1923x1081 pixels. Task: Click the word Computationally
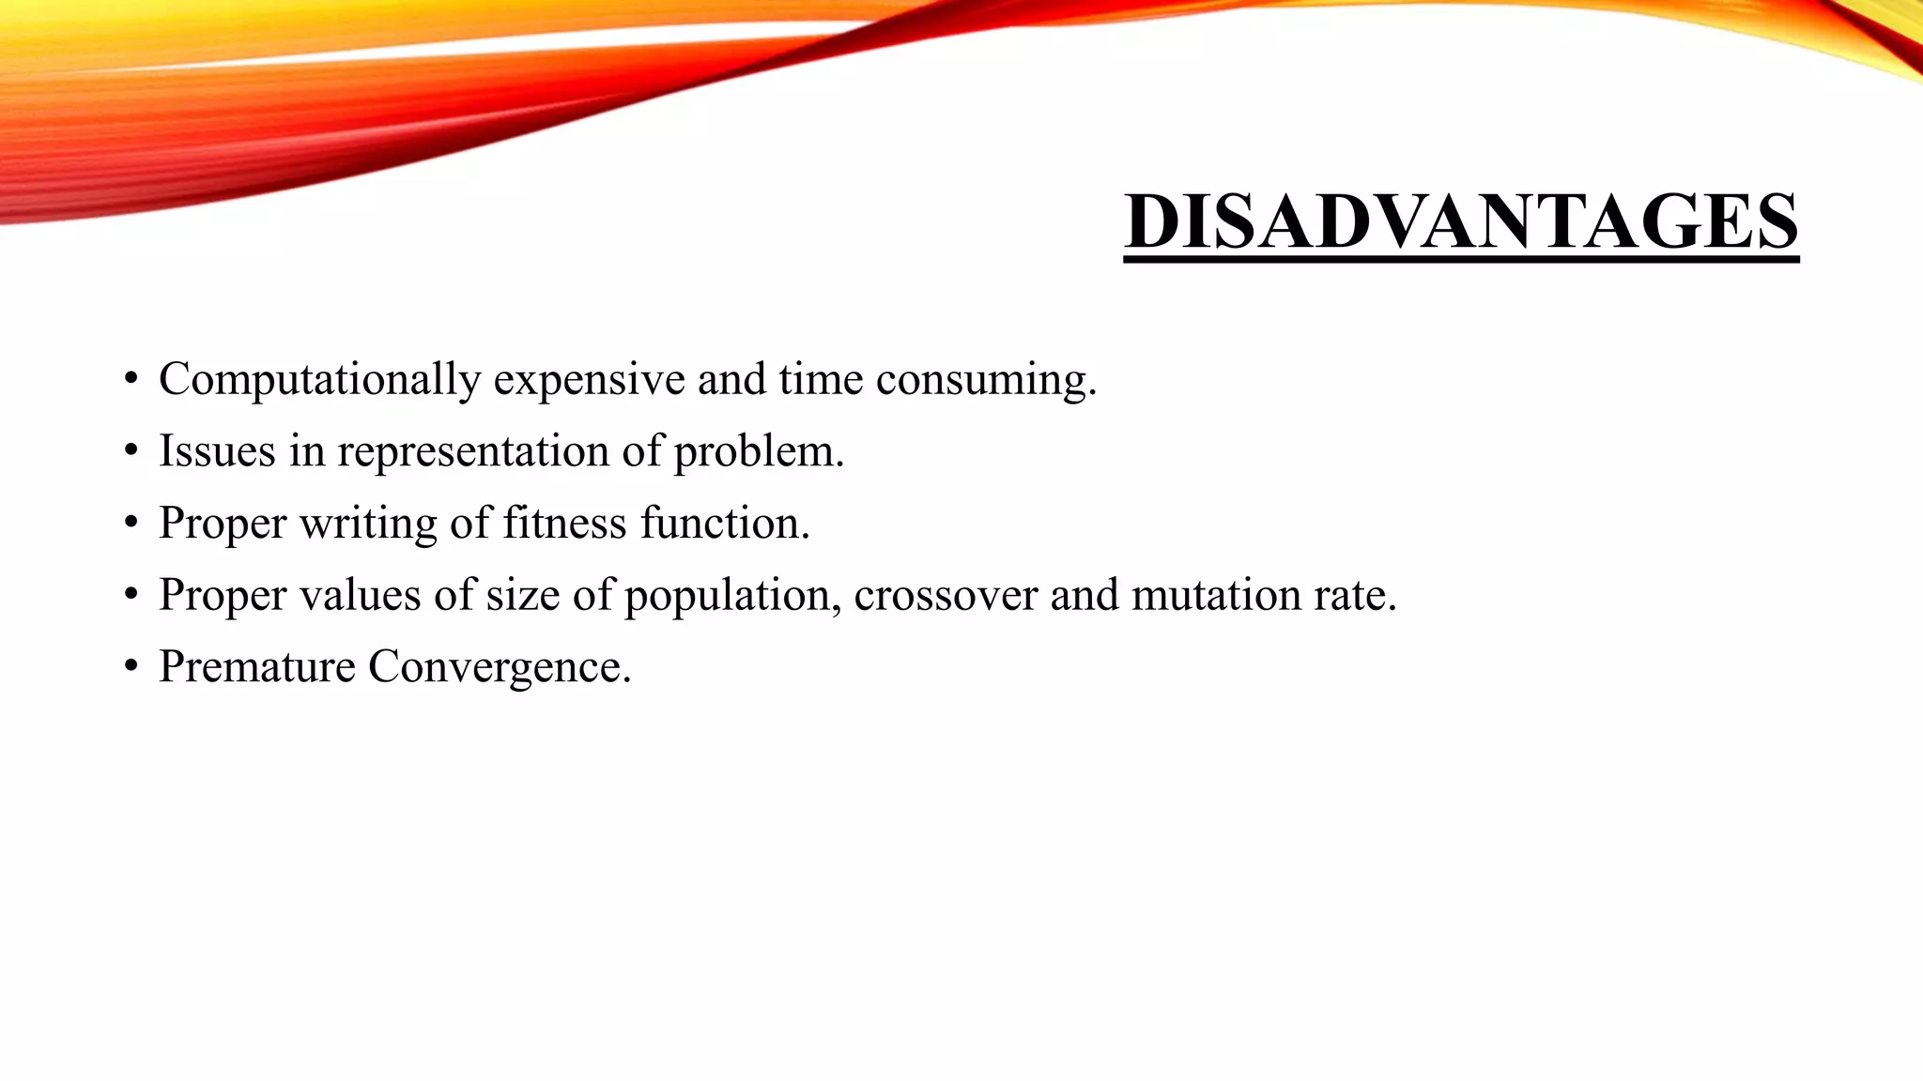319,380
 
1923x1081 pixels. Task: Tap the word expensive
589,380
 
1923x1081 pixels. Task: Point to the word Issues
217,451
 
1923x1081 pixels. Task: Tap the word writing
368,524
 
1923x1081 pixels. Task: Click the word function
724,523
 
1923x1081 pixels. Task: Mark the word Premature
257,667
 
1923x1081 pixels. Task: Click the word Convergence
500,667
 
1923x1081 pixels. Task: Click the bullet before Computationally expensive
131,381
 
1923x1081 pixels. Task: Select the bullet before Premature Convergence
131,668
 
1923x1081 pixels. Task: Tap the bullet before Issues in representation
131,452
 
